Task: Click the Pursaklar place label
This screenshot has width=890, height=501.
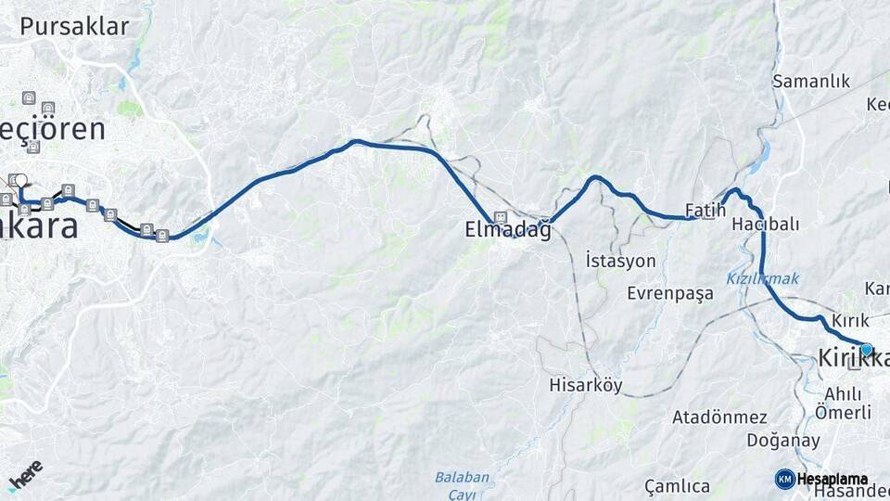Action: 74,27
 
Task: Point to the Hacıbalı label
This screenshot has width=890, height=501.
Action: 765,225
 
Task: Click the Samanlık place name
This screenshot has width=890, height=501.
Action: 811,82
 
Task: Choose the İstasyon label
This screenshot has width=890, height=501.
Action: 620,261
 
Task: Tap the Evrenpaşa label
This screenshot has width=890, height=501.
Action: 670,293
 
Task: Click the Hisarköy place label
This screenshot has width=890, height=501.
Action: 586,385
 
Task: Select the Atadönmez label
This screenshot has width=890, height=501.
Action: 719,417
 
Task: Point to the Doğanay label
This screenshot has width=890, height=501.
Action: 757,440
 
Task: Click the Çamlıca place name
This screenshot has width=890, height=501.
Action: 678,486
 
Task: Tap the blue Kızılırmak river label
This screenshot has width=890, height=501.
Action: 762,278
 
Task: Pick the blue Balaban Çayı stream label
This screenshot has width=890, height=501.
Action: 462,485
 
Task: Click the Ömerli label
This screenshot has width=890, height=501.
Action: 843,413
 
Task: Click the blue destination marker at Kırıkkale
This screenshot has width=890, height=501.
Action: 866,350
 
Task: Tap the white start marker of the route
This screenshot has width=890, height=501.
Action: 19,180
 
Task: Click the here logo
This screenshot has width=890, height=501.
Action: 26,473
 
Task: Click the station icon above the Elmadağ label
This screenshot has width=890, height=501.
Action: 501,217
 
